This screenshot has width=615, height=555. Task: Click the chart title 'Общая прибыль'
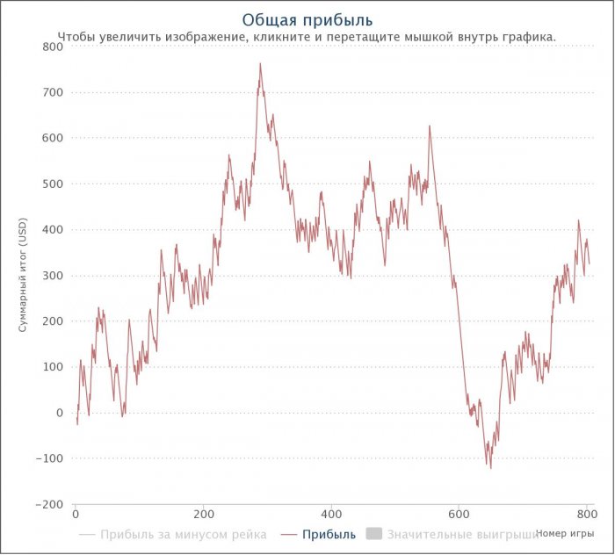click(307, 19)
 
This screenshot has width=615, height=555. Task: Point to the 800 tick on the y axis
click(53, 47)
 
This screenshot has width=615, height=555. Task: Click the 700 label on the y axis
click(53, 92)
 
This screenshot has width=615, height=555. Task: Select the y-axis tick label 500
click(53, 184)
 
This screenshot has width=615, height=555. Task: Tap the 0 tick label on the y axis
click(59, 413)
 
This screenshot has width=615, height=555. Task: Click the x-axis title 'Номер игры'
click(564, 532)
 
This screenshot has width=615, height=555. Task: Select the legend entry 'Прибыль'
click(329, 534)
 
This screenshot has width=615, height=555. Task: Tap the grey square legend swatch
click(373, 534)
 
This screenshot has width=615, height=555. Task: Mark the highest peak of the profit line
click(260, 63)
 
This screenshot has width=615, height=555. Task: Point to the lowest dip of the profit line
click(490, 468)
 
